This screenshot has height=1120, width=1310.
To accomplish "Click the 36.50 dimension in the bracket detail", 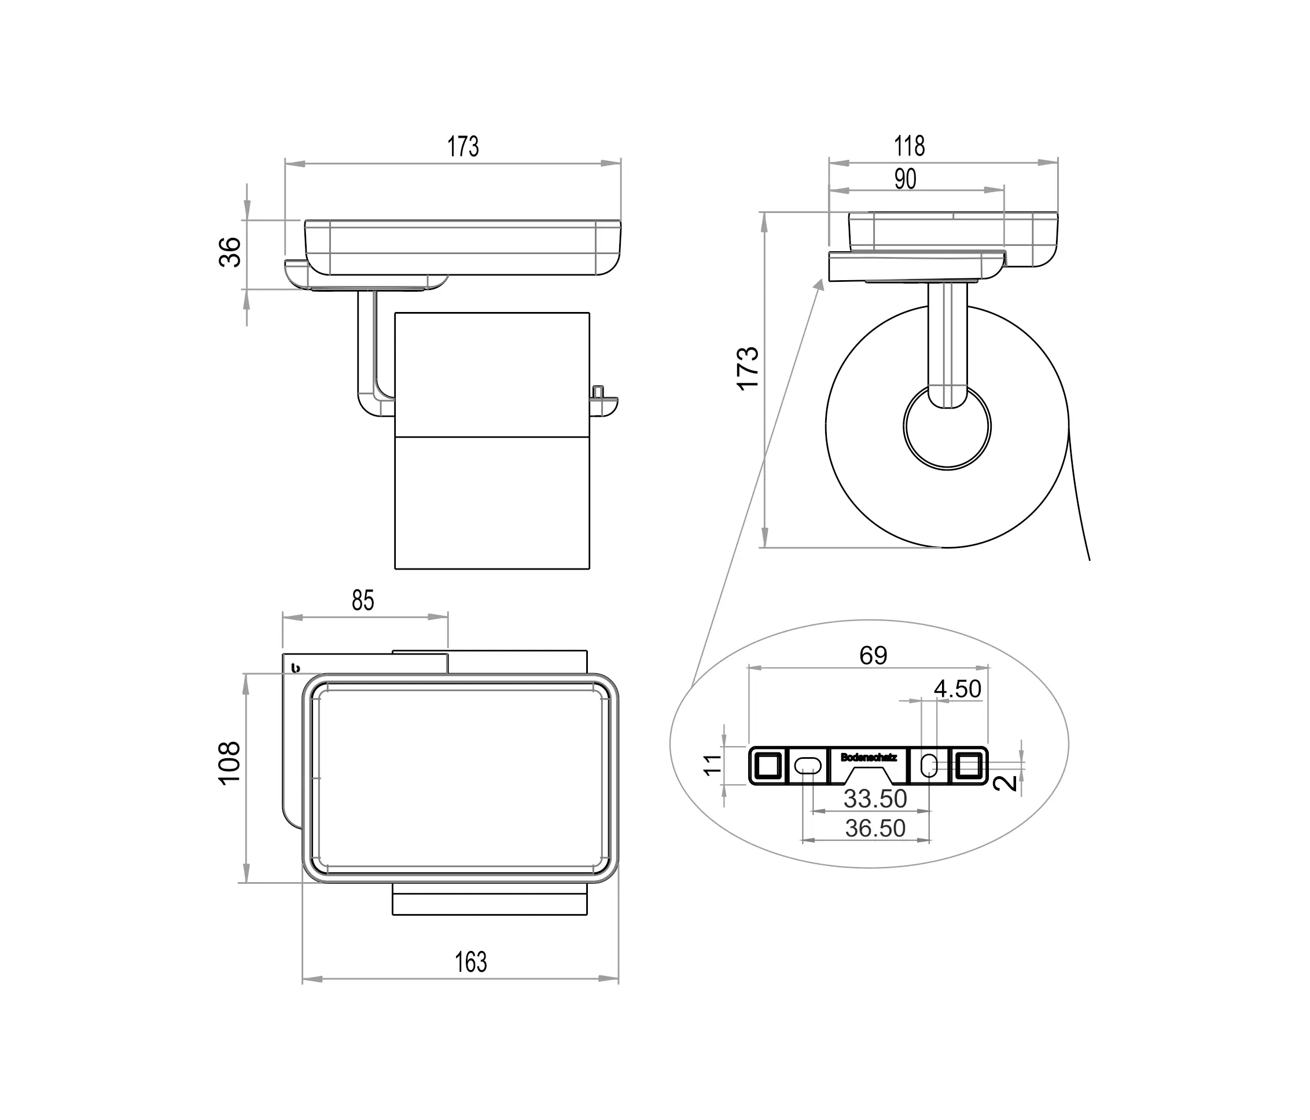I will click(x=875, y=828).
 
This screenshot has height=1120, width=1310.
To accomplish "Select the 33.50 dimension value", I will click(x=875, y=799).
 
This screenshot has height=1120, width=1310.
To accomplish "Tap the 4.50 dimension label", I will click(x=957, y=689).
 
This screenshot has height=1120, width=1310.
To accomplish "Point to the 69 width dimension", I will click(x=873, y=655).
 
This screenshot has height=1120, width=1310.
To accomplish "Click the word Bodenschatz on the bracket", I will click(x=868, y=757).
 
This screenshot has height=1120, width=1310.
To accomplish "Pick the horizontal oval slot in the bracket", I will click(x=807, y=766).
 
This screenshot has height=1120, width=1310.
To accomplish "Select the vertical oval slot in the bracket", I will click(x=929, y=766).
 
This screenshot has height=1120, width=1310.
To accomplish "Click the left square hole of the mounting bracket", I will click(x=767, y=766).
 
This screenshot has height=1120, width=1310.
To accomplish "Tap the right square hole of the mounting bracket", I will click(x=969, y=766).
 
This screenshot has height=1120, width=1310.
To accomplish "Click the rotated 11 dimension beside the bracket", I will click(x=712, y=765).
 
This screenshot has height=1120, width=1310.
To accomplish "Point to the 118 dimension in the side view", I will click(x=909, y=146).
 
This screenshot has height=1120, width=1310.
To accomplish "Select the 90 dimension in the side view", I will click(x=905, y=179).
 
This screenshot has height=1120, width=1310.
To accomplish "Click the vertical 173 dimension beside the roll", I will click(x=749, y=368).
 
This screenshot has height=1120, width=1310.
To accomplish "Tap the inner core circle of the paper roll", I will click(x=947, y=427).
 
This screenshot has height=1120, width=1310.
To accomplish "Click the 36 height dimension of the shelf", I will click(x=231, y=252).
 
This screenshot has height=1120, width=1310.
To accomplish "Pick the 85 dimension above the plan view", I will click(x=363, y=600).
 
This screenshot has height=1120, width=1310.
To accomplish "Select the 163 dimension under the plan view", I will click(x=470, y=962).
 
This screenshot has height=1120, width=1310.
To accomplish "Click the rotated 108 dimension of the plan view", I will click(x=230, y=762).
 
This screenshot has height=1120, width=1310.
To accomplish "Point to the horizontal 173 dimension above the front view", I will click(x=463, y=146).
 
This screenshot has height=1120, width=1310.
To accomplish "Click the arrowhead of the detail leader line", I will click(x=820, y=285).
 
